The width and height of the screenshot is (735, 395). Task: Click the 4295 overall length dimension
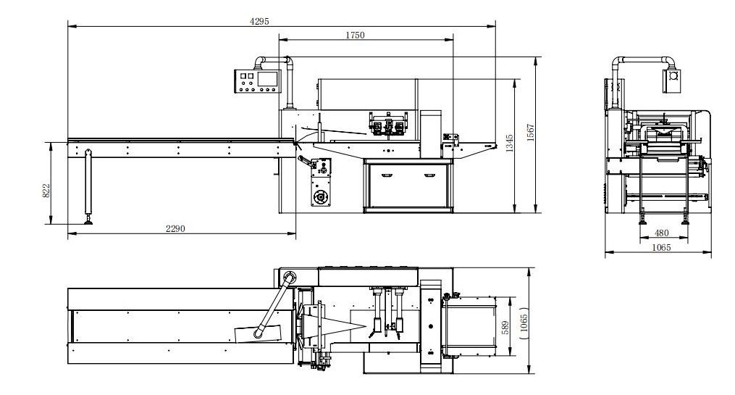click(259, 21)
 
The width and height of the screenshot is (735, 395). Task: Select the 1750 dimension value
click(355, 35)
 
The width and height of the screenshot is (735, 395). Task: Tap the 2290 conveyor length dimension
click(175, 228)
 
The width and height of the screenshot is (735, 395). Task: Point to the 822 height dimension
click(46, 191)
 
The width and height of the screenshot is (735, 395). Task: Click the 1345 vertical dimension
click(510, 143)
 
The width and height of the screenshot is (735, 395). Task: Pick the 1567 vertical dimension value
click(530, 133)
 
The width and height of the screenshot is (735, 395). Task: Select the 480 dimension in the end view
click(661, 233)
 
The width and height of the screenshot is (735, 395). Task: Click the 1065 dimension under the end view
click(661, 247)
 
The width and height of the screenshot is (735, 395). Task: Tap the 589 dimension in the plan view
click(505, 328)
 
